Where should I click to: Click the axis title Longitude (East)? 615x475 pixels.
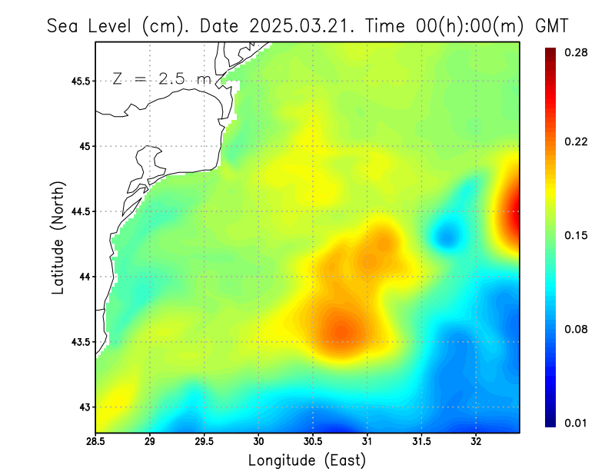[307, 460]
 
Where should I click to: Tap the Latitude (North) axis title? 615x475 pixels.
[58, 237]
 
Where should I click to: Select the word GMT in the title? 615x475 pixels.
[551, 25]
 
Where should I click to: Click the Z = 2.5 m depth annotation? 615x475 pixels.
[161, 78]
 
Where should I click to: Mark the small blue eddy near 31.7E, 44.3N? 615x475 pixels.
[446, 234]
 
